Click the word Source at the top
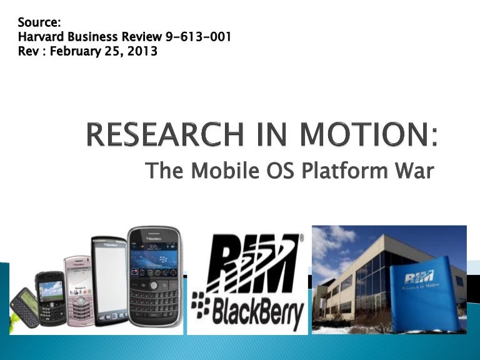[x=39, y=23]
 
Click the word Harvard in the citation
[x=42, y=37]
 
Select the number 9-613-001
[x=197, y=37]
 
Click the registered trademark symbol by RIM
[x=301, y=239]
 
